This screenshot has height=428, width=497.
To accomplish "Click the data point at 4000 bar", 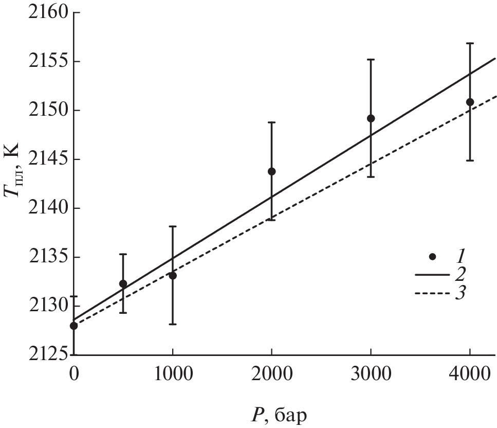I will click(x=470, y=102).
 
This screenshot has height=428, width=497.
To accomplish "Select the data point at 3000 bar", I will click(x=371, y=118).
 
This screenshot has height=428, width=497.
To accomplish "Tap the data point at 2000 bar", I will click(x=272, y=171).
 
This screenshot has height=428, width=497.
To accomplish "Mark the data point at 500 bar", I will click(x=123, y=284).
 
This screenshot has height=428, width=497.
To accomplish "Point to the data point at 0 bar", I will click(x=74, y=326).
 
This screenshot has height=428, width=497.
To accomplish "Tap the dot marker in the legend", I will click(x=433, y=256).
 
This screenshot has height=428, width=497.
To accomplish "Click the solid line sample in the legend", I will click(x=433, y=276).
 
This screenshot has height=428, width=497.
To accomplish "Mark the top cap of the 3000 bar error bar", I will click(x=371, y=60).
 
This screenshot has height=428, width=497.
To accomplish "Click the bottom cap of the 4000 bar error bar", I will click(x=470, y=160).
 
